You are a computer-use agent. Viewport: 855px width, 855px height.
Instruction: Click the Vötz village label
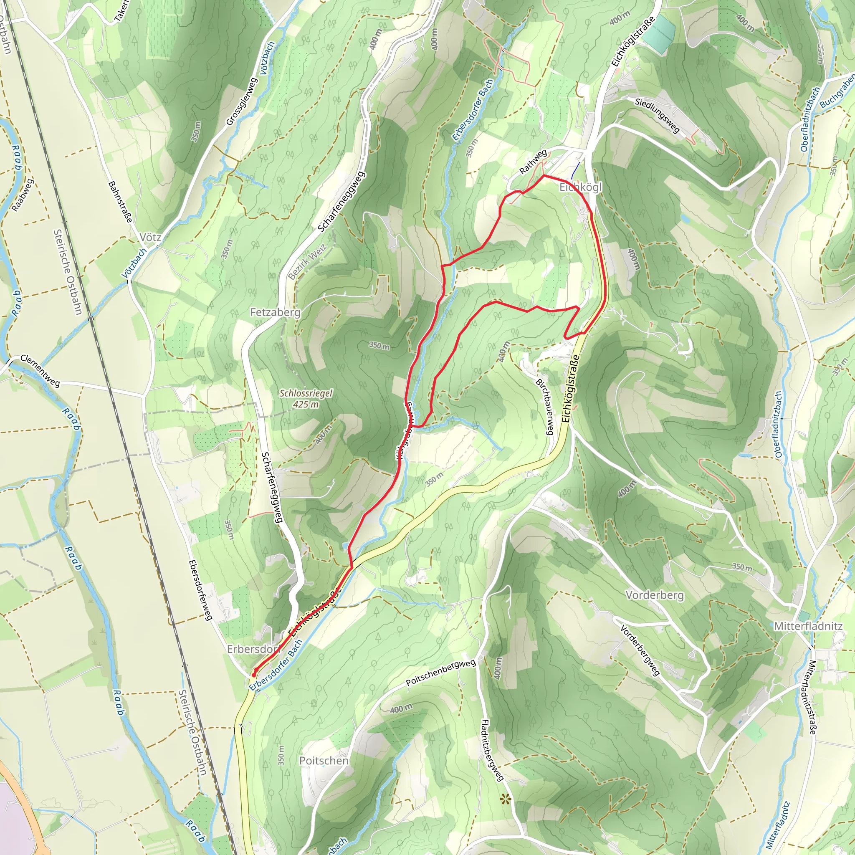click(150, 238)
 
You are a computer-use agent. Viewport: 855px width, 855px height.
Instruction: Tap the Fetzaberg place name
click(275, 312)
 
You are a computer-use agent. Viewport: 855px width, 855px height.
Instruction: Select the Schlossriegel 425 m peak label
click(305, 398)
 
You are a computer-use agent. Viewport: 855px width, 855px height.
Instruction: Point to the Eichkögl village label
click(581, 187)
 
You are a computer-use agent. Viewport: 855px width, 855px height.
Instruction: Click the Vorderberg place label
click(655, 595)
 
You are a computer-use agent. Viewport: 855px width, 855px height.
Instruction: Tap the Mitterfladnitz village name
click(808, 626)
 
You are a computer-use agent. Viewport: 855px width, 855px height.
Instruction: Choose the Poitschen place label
click(324, 761)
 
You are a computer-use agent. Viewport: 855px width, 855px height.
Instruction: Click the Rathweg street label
click(533, 162)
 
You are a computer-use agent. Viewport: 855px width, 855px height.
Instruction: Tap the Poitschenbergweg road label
click(441, 673)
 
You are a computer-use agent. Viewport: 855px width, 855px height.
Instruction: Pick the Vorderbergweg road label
click(640, 650)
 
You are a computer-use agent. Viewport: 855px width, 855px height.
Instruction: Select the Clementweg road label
click(40, 371)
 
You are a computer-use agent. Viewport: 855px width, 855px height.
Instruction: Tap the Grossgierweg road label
click(242, 101)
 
